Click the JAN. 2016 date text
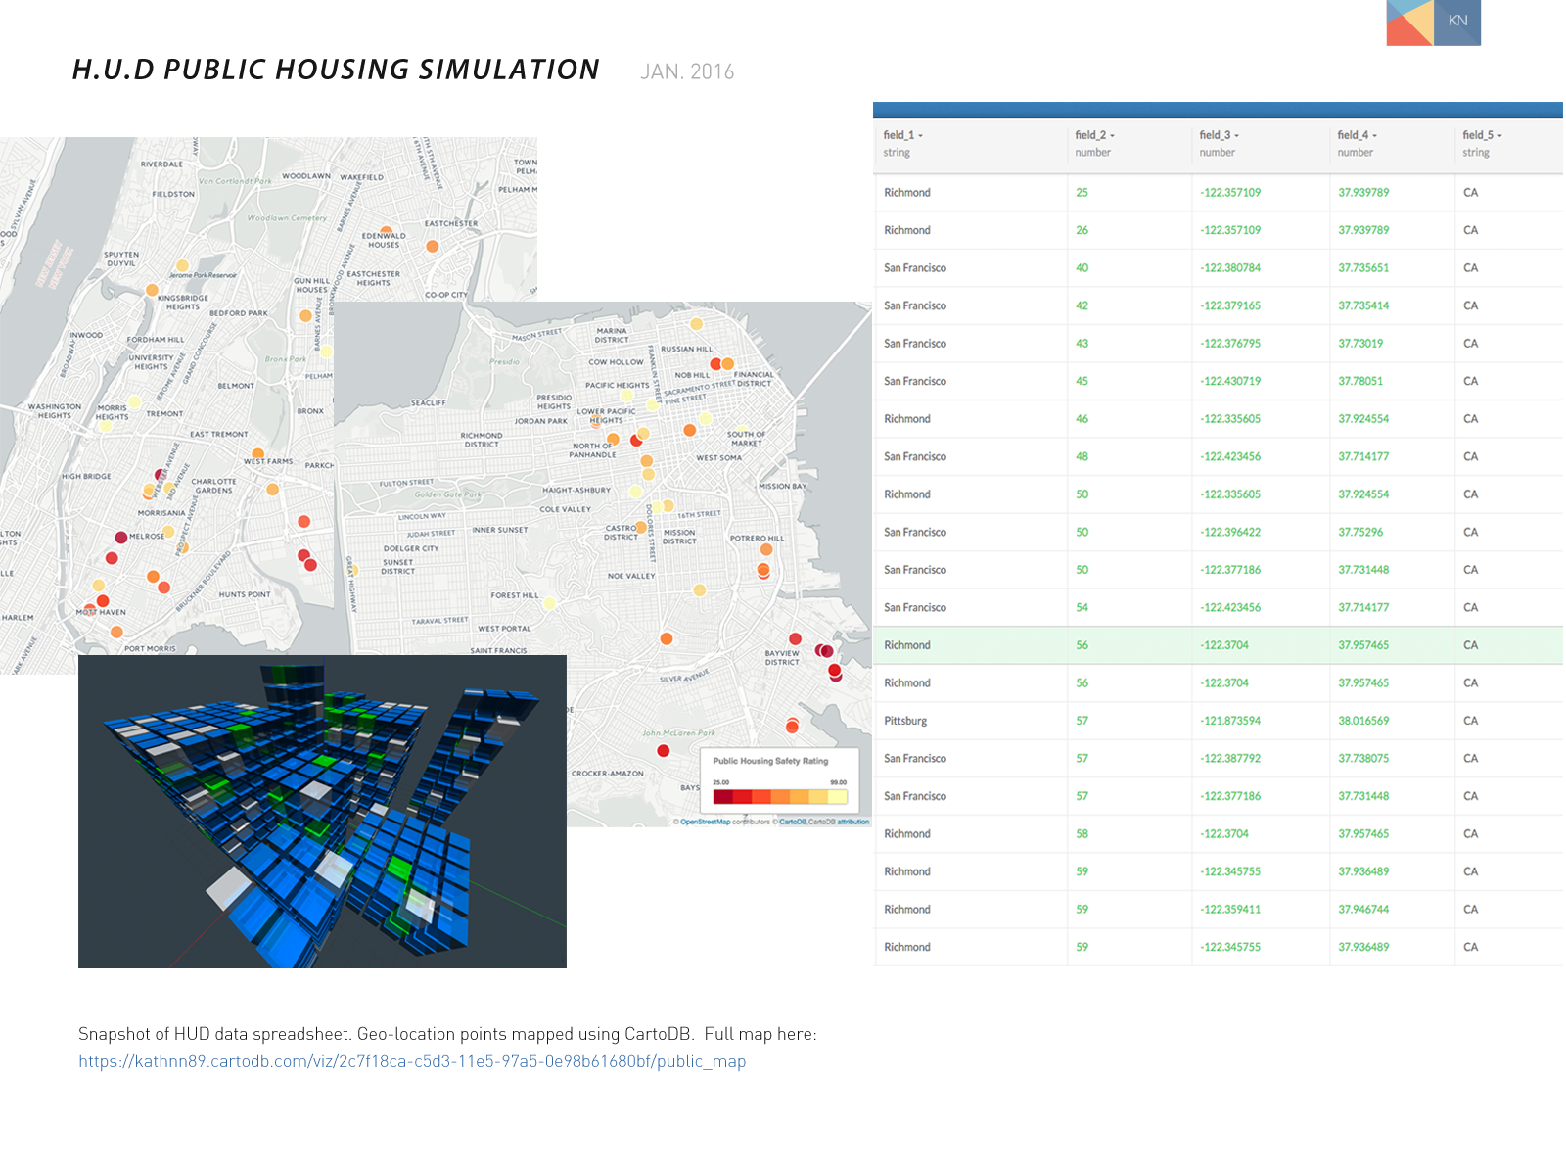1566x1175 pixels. [x=687, y=71]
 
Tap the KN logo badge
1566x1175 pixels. [x=1457, y=21]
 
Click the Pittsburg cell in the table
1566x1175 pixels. [x=905, y=721]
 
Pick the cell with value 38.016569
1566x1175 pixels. [x=1363, y=721]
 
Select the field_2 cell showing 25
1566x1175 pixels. [x=1082, y=193]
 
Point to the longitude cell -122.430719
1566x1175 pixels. [x=1230, y=382]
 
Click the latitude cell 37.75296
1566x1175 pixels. [x=1360, y=533]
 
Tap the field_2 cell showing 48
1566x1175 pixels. [x=1082, y=457]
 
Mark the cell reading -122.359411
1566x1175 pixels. [x=1230, y=910]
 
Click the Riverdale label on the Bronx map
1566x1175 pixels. [x=161, y=164]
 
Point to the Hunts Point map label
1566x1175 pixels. [x=245, y=594]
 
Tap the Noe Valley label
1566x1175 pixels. [x=631, y=576]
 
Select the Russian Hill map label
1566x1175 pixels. [x=686, y=349]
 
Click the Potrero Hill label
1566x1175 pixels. [x=757, y=538]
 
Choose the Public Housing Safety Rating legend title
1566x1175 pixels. [x=770, y=761]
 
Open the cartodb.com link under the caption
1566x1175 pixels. [x=412, y=1061]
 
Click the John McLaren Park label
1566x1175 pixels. [x=678, y=733]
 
